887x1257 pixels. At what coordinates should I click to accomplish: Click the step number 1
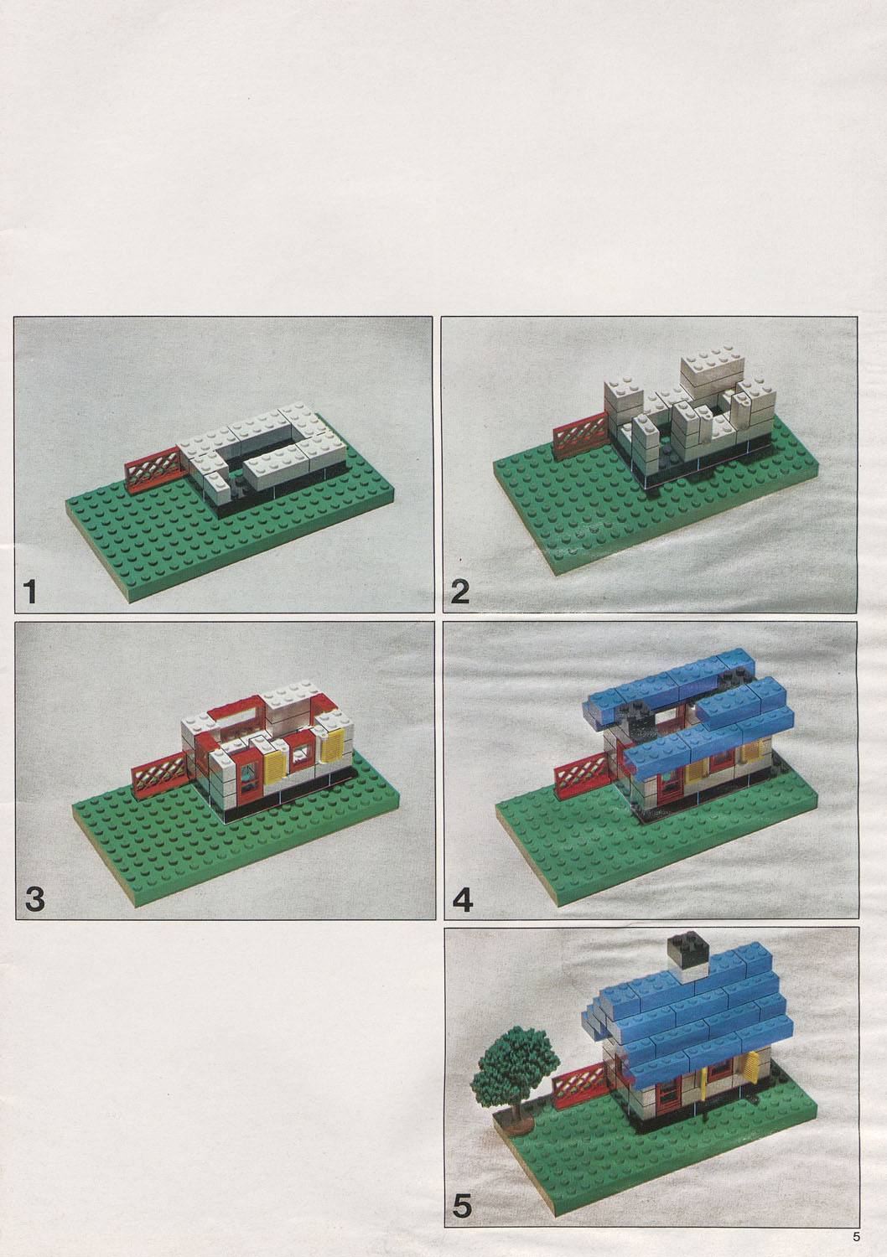click(31, 593)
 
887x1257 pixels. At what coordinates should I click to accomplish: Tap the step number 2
click(459, 593)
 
